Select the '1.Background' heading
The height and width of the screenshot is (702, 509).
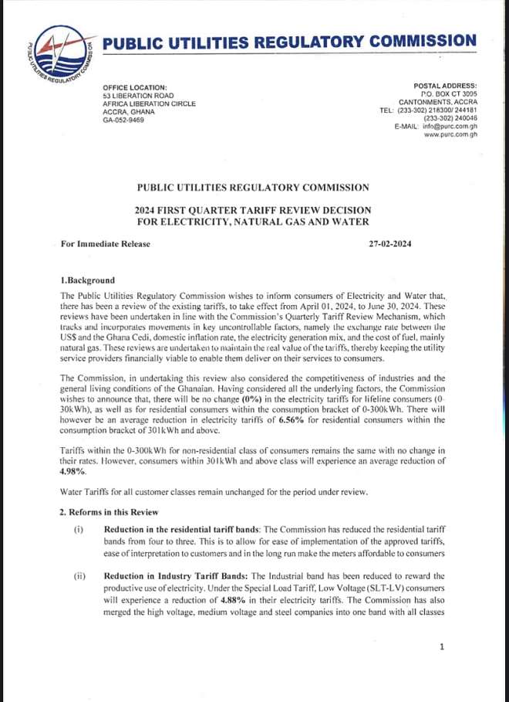87,280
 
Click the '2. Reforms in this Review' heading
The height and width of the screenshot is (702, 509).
109,513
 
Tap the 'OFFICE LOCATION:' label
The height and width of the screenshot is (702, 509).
135,87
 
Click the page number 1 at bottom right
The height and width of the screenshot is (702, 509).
441,646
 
